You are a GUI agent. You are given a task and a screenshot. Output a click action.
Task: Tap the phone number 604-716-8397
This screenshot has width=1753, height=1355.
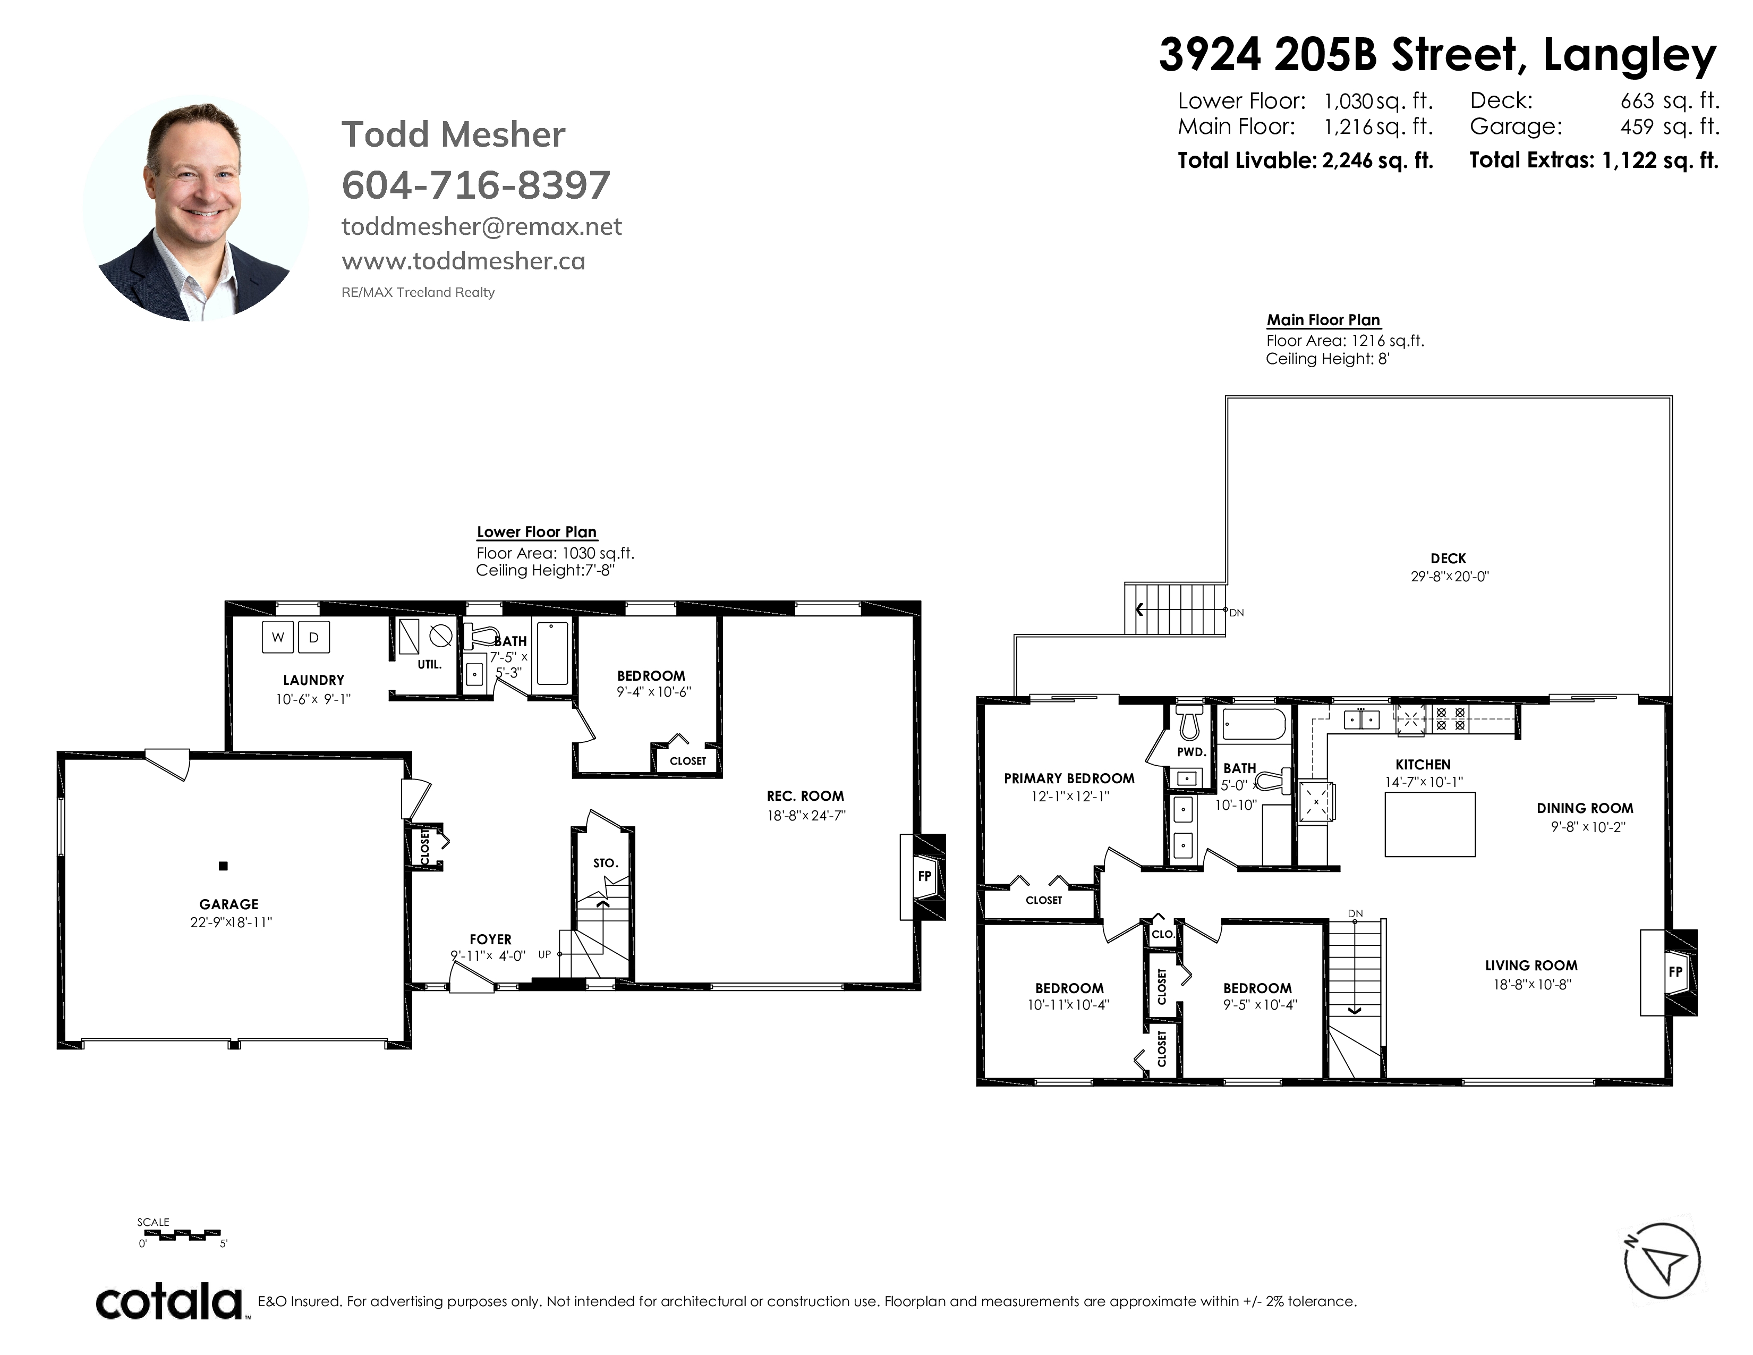(476, 185)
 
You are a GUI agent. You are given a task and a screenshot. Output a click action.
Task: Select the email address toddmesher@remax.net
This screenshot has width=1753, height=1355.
(482, 227)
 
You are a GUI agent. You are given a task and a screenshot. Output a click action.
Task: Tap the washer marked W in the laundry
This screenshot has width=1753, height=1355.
(278, 637)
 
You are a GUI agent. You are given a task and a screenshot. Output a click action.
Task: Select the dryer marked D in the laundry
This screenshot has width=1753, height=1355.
(314, 637)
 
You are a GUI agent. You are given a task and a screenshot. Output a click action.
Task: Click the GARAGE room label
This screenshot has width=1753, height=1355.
(229, 904)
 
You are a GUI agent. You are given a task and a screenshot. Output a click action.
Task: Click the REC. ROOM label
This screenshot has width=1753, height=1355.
(805, 797)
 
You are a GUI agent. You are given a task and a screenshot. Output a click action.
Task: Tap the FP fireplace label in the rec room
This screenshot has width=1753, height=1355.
(925, 876)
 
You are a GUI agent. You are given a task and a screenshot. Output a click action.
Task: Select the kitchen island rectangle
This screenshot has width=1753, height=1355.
(1429, 824)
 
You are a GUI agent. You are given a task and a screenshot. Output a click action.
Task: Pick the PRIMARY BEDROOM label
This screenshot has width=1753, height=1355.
(1069, 778)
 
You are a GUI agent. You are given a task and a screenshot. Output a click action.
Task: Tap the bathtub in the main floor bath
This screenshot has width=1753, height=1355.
(1253, 724)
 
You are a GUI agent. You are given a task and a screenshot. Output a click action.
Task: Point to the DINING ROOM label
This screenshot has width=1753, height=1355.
(1585, 808)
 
